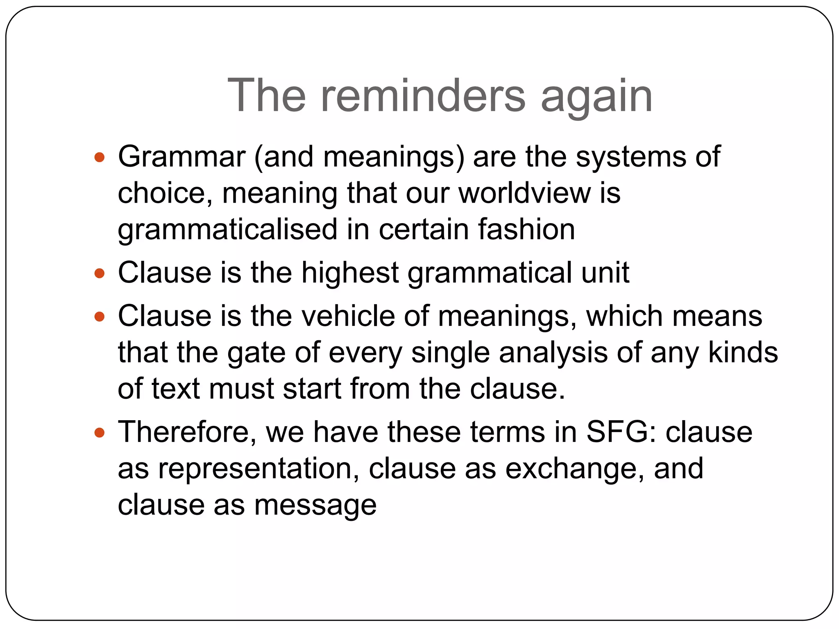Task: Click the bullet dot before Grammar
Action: (x=100, y=157)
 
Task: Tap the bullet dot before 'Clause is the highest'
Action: (x=100, y=273)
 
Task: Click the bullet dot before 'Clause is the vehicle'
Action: (x=100, y=317)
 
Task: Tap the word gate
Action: (x=256, y=353)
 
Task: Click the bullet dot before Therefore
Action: (x=100, y=433)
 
